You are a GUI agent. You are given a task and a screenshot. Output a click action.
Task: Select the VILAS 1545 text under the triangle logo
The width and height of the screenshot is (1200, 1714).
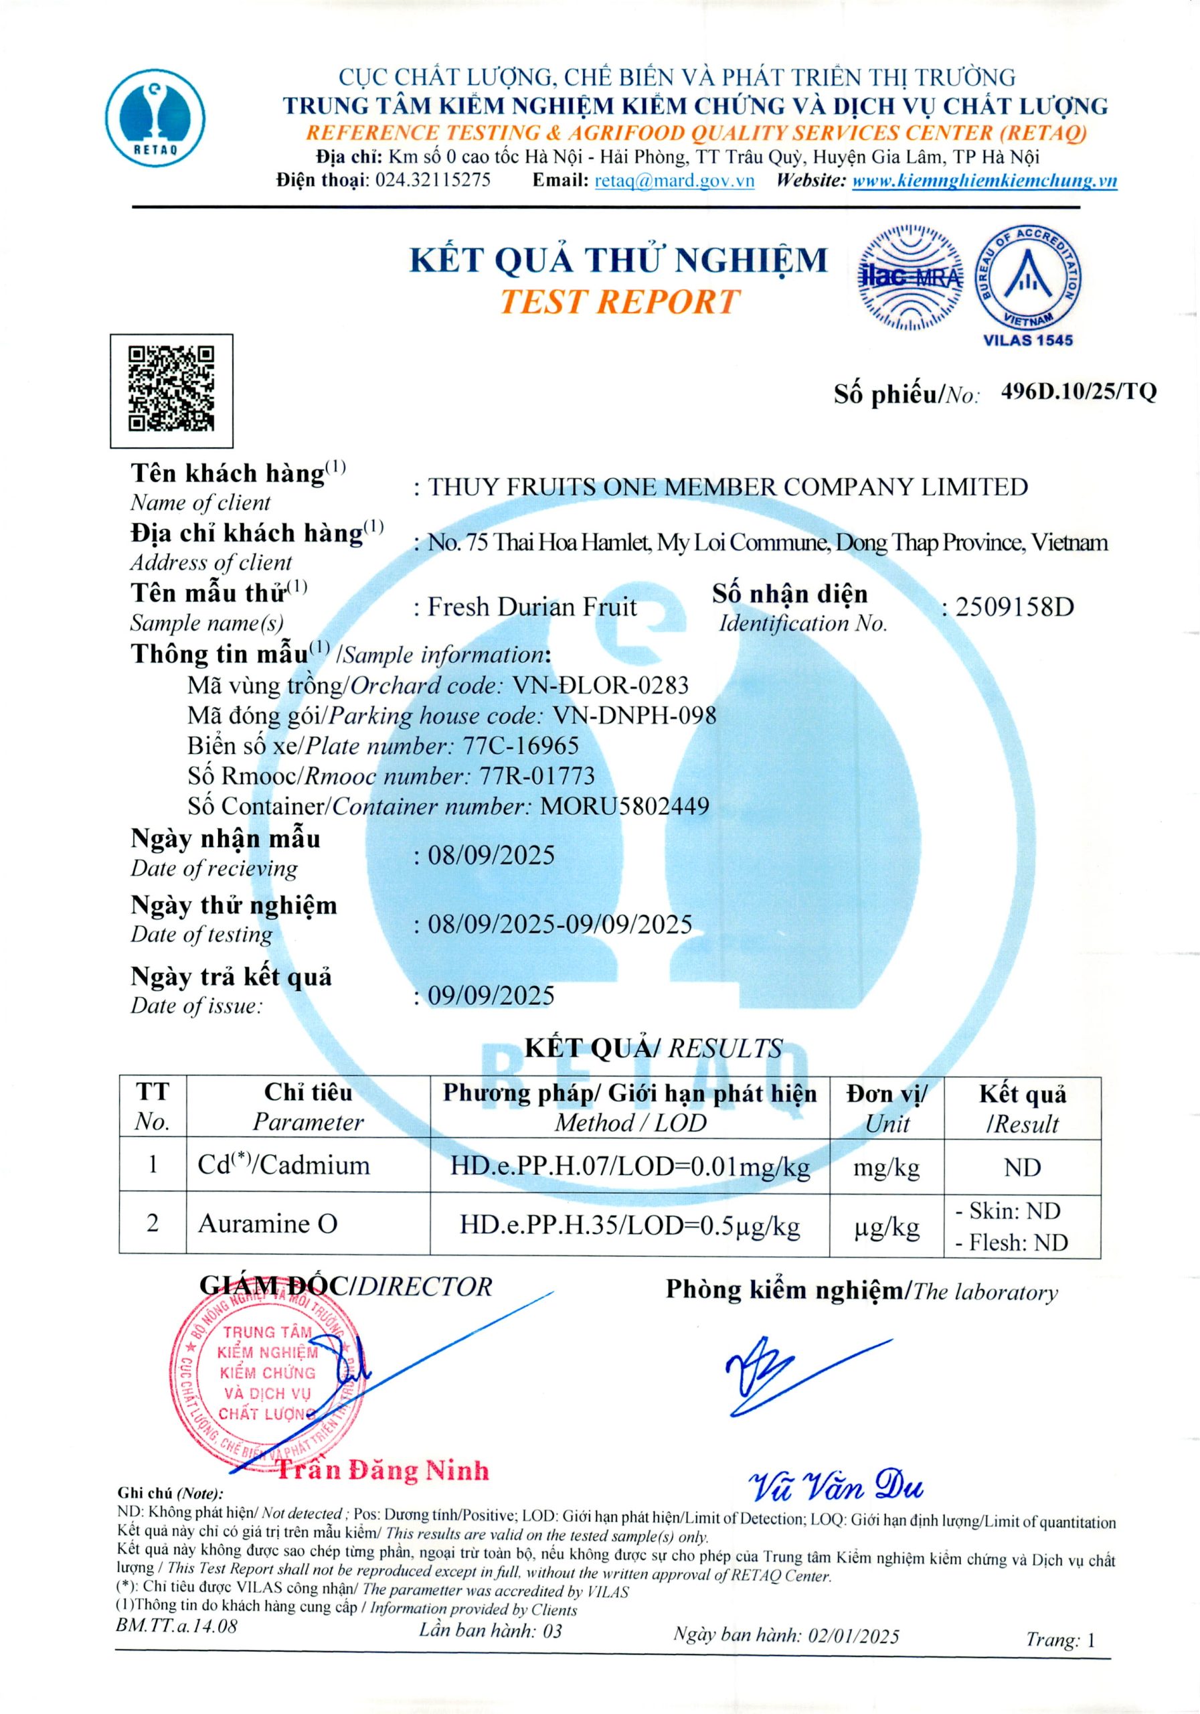[x=1027, y=340]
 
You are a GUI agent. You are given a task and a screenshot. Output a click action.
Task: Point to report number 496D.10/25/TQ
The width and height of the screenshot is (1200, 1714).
[x=1078, y=391]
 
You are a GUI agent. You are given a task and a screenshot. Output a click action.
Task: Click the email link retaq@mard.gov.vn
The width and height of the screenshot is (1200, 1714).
[x=674, y=181]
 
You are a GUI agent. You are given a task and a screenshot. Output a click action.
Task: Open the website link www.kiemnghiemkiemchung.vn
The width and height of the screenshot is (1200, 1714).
[x=984, y=181]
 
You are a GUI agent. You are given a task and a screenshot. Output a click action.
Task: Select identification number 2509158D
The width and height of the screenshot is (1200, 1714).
[x=1014, y=607]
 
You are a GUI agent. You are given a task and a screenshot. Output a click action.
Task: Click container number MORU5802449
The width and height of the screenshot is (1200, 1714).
[x=624, y=805]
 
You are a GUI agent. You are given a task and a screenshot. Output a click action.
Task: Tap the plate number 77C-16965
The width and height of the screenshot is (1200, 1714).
[x=520, y=745]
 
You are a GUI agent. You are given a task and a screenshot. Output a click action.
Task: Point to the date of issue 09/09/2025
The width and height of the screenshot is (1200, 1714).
[x=491, y=995]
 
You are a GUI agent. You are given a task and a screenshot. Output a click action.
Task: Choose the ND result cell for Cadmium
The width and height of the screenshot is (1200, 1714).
[x=1022, y=1167]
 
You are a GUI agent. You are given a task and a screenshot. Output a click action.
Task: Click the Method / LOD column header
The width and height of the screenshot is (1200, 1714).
[x=630, y=1108]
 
